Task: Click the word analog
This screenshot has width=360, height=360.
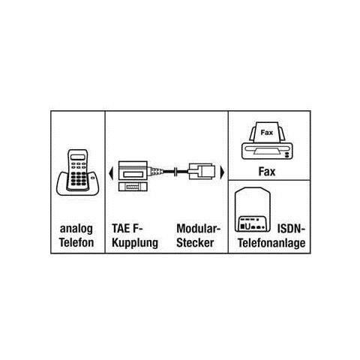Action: click(x=76, y=229)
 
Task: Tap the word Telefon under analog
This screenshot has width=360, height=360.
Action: click(x=76, y=242)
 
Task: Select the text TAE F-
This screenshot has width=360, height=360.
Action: click(x=127, y=228)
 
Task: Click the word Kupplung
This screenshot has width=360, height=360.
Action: click(x=135, y=243)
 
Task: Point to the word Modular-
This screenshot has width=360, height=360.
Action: click(x=199, y=228)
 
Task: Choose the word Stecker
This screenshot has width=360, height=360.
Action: click(x=195, y=242)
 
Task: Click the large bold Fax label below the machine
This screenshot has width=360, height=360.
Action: click(x=267, y=172)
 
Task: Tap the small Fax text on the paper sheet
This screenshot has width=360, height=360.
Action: click(x=267, y=133)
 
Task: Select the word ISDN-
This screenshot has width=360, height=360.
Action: click(x=291, y=228)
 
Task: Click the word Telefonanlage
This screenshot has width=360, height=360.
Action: click(x=271, y=243)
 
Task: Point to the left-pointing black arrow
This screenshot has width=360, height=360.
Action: click(x=111, y=172)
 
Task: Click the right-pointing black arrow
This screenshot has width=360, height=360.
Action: click(x=222, y=172)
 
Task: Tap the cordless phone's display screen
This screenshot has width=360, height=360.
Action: click(x=78, y=157)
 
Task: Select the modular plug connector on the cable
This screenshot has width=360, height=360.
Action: click(x=201, y=172)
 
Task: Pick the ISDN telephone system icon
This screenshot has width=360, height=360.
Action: click(x=253, y=209)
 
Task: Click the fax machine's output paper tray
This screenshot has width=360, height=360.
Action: click(x=267, y=151)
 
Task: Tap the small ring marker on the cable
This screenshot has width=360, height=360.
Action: click(x=176, y=172)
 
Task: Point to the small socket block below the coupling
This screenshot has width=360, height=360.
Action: click(x=133, y=187)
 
